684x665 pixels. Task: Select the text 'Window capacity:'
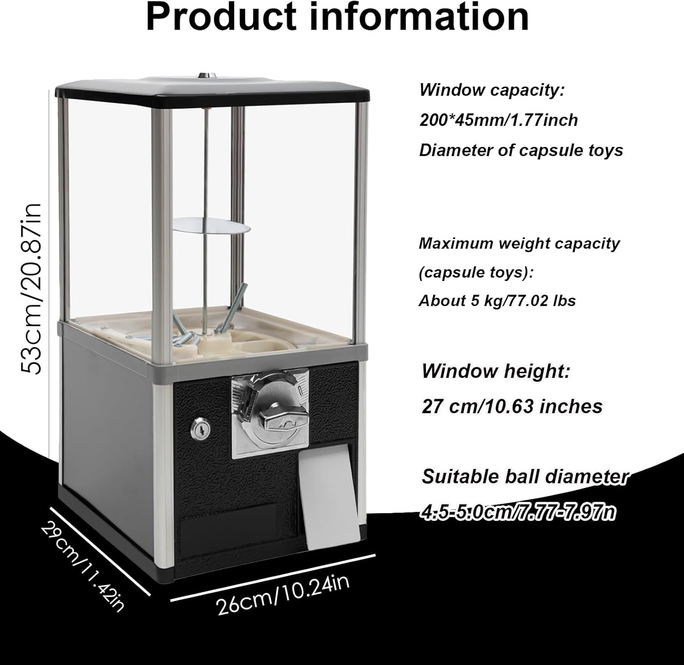tap(492, 90)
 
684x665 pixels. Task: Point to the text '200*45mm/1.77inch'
tap(498, 120)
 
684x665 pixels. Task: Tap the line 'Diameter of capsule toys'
tap(521, 150)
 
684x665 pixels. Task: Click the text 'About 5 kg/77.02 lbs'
tap(497, 301)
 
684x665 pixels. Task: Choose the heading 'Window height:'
tap(496, 371)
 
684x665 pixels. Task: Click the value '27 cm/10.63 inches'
tap(512, 406)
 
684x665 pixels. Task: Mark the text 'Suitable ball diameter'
tap(525, 477)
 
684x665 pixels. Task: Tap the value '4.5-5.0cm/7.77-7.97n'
tap(518, 512)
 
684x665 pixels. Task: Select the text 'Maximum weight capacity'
tap(519, 244)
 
